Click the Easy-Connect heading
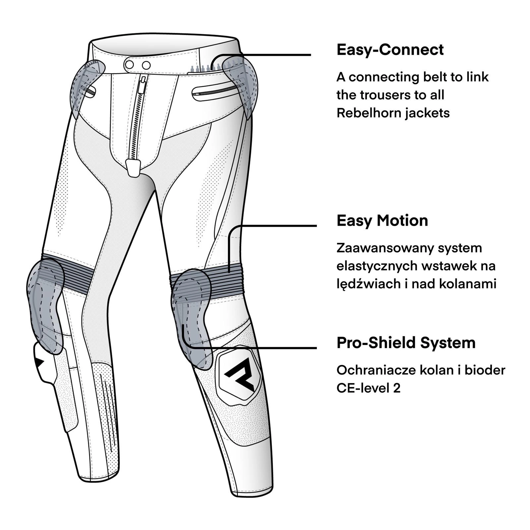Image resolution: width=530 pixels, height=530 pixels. coord(390,50)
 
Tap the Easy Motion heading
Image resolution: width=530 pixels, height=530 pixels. coord(382,221)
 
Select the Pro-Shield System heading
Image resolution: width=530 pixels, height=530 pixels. coord(406,343)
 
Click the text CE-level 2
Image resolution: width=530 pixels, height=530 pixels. coord(368,388)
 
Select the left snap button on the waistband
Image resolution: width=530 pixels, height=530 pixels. coord(130,65)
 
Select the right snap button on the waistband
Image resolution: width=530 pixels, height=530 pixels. coord(146,65)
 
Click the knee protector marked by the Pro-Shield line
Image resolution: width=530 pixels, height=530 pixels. coord(191,315)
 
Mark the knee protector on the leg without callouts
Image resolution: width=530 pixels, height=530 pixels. coord(45,302)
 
